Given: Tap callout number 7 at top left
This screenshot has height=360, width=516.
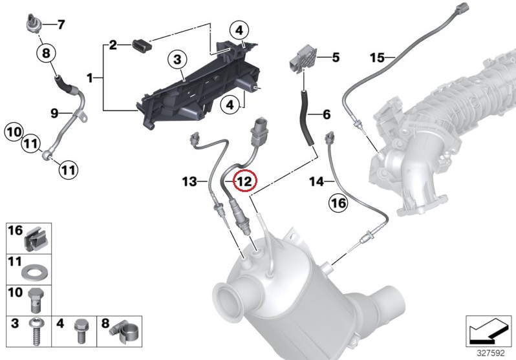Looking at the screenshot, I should [x=61, y=25].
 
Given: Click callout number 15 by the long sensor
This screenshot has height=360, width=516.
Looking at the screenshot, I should [x=378, y=58].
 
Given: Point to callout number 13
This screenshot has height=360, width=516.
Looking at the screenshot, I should [x=189, y=182].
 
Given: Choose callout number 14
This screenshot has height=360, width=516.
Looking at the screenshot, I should [x=316, y=182].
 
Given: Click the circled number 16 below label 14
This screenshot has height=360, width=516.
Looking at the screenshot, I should [x=339, y=204].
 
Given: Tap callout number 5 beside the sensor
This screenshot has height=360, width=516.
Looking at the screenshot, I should [x=336, y=57].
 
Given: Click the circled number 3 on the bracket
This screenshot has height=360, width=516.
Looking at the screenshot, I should [x=176, y=61].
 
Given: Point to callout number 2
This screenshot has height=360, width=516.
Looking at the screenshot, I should [x=113, y=45].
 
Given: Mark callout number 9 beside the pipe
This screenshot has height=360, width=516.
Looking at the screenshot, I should [x=55, y=113].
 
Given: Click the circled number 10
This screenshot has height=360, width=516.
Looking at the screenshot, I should [x=14, y=133].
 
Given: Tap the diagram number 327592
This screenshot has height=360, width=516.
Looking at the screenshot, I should [x=491, y=353].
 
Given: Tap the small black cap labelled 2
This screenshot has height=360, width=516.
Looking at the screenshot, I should [x=140, y=45].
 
